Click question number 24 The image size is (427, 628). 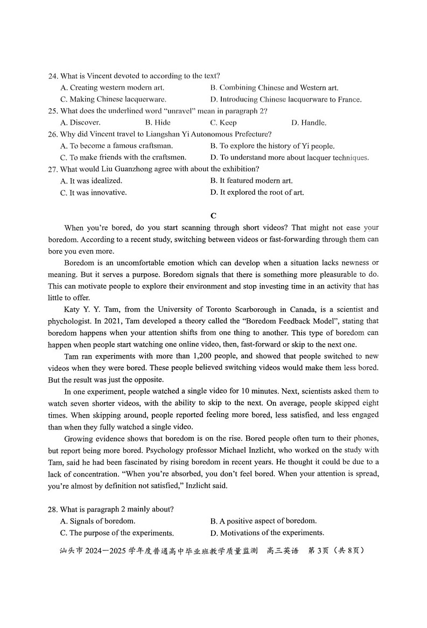[x=52, y=76]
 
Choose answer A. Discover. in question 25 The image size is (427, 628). [x=80, y=123]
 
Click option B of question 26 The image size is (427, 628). [x=272, y=146]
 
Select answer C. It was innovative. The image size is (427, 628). [x=94, y=193]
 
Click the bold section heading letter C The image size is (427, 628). [x=213, y=216]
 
